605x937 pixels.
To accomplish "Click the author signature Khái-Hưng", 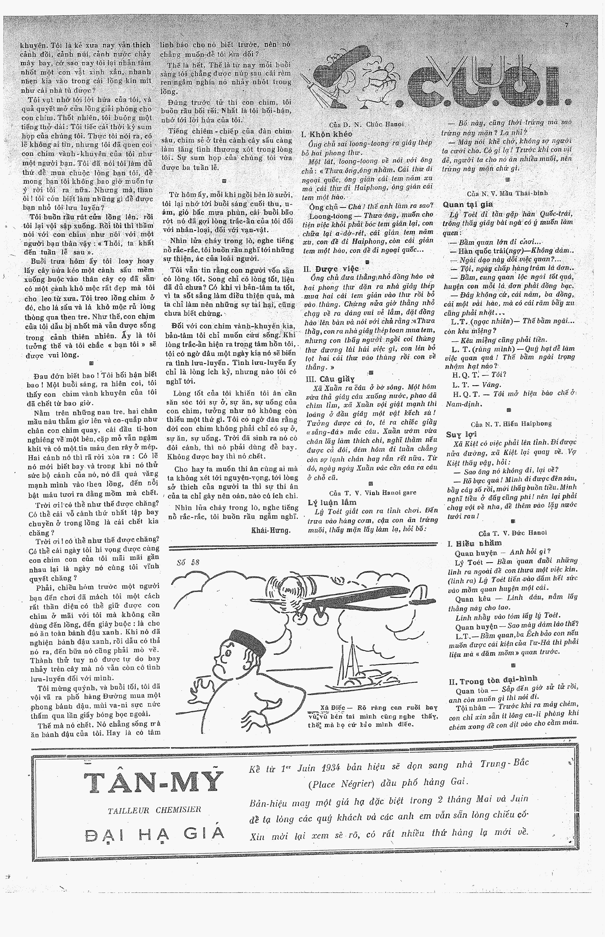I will (x=271, y=530).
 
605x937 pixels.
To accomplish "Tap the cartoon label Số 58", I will (x=188, y=562).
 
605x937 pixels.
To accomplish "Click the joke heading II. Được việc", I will (x=331, y=269).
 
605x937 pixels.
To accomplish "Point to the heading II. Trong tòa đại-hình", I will (x=493, y=680).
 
